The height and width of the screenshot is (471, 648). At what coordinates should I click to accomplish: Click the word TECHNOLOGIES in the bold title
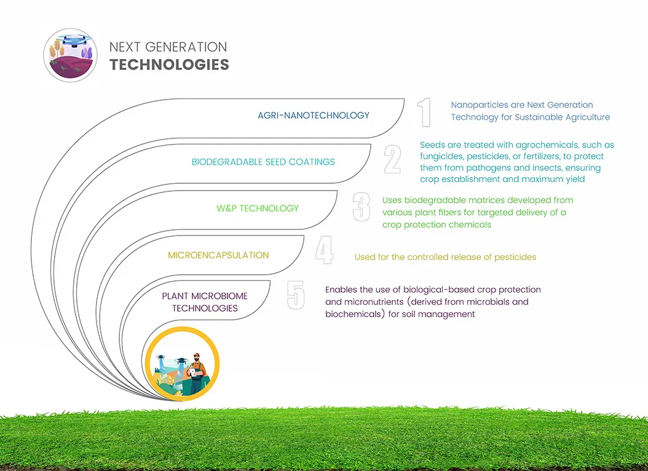coord(169,65)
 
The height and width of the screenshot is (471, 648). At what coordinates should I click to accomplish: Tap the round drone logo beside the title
coord(71,55)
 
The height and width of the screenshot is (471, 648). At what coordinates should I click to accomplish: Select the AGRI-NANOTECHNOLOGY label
coord(314,115)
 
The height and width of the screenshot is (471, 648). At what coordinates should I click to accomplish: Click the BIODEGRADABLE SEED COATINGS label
coord(263,162)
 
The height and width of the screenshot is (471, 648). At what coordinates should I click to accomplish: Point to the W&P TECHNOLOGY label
coord(258,208)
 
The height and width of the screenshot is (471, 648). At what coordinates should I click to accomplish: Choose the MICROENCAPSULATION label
coord(218,255)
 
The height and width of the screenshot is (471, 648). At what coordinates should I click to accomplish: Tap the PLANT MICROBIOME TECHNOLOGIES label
coord(205,302)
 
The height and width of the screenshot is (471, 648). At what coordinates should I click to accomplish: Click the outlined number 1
coord(425,113)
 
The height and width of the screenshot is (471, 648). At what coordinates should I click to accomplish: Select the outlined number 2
coord(393,159)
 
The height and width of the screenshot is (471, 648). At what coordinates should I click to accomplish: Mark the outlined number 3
coord(362,207)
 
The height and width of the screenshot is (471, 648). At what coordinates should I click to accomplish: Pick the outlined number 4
coord(325,250)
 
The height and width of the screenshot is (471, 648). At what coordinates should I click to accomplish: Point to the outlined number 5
coord(296,295)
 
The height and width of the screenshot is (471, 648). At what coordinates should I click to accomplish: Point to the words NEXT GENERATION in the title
coord(168,47)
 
